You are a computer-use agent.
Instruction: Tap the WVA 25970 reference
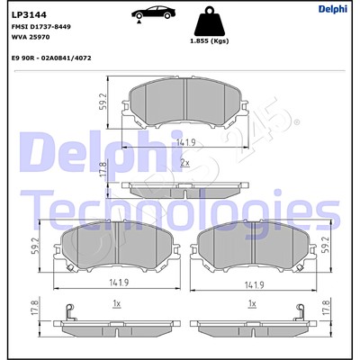[31, 37]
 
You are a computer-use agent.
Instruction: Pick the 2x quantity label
[184, 163]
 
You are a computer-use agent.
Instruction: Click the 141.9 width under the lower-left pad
[117, 284]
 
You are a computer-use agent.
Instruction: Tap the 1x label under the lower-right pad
[252, 303]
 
